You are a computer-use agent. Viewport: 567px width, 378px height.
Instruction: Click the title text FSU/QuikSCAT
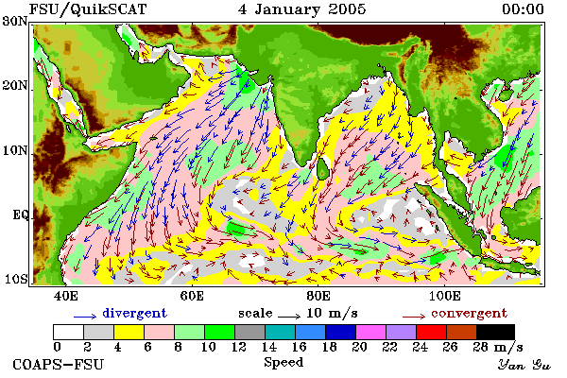tap(88, 9)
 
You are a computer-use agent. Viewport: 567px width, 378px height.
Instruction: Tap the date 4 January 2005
tap(302, 9)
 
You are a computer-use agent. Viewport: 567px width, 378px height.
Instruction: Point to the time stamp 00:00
tap(523, 9)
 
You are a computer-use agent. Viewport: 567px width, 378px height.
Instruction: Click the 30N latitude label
tap(15, 21)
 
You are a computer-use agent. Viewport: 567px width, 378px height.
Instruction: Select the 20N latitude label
tap(15, 86)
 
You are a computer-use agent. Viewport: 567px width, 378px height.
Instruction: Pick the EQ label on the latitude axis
tap(20, 215)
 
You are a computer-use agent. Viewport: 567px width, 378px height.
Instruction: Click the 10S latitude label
tap(15, 280)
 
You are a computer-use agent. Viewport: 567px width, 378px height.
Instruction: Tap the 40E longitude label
tap(66, 296)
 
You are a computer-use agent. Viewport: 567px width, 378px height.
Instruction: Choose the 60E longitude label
tap(192, 296)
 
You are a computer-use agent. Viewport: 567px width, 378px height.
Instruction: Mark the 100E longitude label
tap(445, 296)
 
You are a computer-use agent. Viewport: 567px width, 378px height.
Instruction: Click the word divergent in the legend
tap(134, 313)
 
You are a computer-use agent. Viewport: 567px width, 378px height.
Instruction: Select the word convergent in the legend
tap(469, 313)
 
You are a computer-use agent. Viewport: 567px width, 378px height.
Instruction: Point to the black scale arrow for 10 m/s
tap(289, 317)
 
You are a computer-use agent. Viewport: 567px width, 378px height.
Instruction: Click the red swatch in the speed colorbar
tap(431, 332)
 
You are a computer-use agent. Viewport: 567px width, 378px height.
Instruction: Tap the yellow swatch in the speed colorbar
tap(129, 332)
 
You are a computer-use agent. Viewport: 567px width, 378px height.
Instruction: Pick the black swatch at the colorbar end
tap(495, 332)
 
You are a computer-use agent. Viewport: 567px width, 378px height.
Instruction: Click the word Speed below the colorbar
tap(283, 363)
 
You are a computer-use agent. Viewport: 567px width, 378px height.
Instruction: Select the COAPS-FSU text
tap(59, 364)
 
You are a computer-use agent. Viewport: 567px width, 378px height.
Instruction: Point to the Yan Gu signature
tap(524, 365)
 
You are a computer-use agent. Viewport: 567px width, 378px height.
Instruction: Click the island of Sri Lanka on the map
tap(322, 168)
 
